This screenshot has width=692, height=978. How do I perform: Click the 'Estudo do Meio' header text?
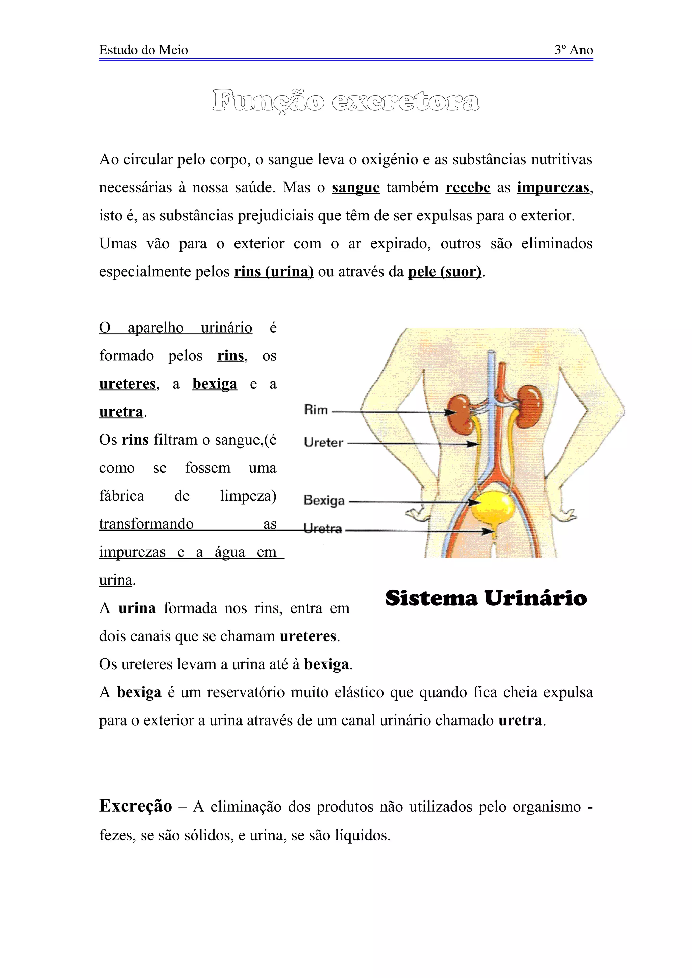click(x=143, y=50)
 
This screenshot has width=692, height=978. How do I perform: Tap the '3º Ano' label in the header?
click(x=573, y=50)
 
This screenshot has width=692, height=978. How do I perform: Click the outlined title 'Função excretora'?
click(x=346, y=101)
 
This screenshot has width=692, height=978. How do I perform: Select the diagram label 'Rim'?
click(x=316, y=410)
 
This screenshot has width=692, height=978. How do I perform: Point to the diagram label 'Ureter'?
click(x=324, y=442)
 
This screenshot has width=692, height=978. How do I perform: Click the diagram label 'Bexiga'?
click(x=324, y=500)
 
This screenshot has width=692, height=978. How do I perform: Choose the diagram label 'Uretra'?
click(x=323, y=529)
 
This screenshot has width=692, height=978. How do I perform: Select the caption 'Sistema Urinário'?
click(x=486, y=598)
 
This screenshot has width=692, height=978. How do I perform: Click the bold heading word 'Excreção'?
click(x=135, y=806)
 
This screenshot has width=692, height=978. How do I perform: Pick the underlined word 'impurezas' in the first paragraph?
click(x=553, y=187)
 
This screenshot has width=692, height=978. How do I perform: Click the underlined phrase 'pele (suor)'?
click(x=445, y=272)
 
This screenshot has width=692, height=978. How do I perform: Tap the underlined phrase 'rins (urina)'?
click(x=274, y=272)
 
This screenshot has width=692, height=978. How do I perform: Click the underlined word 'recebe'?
click(x=468, y=187)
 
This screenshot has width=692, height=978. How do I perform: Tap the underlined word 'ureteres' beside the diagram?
click(x=127, y=384)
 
